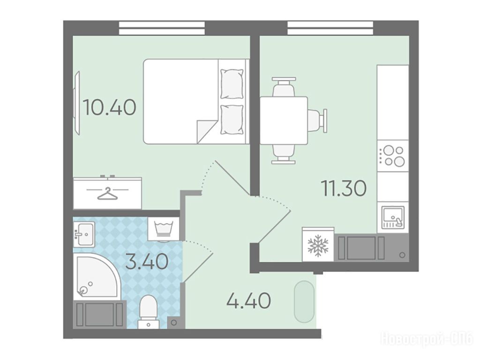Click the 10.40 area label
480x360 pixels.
(109, 108)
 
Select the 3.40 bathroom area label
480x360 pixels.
(147, 262)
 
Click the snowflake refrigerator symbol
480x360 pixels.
(318, 244)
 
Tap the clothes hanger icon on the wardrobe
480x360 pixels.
(107, 193)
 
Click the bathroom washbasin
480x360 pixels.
(84, 233)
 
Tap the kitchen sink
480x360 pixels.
(393, 217)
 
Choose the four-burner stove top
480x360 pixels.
(393, 156)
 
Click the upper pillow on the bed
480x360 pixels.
(232, 84)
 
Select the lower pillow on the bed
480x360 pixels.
(232, 120)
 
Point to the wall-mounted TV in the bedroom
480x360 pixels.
(77, 103)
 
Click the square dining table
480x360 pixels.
(284, 120)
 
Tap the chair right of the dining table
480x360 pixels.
(317, 120)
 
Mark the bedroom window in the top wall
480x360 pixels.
(162, 28)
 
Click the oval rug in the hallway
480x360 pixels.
(304, 301)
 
